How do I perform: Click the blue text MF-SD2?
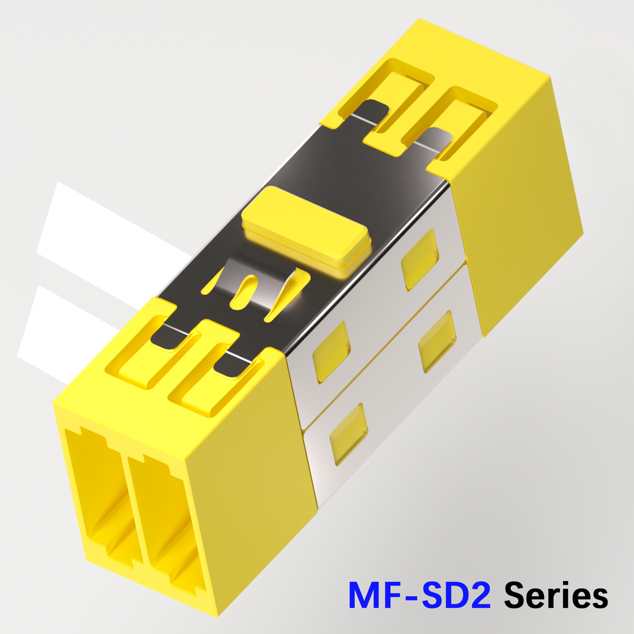pyautogui.click(x=420, y=595)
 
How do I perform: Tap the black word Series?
pyautogui.click(x=556, y=595)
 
